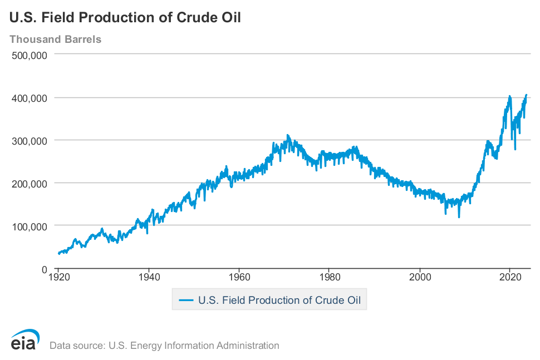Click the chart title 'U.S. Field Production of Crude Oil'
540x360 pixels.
click(x=125, y=17)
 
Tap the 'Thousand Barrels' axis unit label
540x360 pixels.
click(x=55, y=40)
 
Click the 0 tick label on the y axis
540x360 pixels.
click(x=43, y=269)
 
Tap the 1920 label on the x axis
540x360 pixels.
click(x=58, y=277)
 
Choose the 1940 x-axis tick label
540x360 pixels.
click(x=149, y=277)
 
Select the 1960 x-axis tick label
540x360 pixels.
click(x=239, y=277)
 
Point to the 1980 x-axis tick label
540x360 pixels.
click(x=330, y=277)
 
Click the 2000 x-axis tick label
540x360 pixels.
click(x=420, y=277)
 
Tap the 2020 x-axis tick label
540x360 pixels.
click(x=510, y=277)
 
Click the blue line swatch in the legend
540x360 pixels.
click(x=185, y=300)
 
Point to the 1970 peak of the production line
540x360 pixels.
click(x=287, y=135)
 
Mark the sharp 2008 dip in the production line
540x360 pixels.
click(x=459, y=216)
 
